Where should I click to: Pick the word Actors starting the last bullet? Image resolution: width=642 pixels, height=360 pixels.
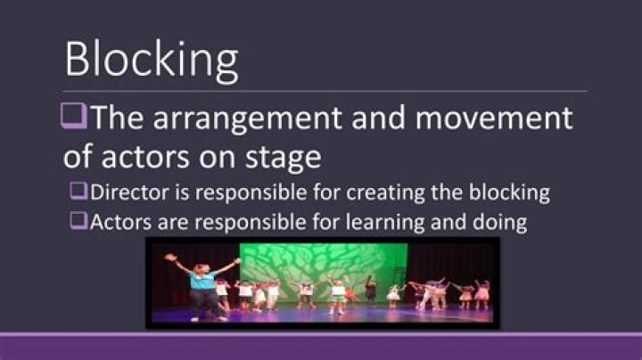pyautogui.click(x=116, y=221)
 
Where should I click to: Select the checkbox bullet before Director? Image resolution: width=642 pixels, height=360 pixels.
pyautogui.click(x=79, y=191)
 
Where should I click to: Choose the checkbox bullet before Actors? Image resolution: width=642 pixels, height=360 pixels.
pyautogui.click(x=79, y=220)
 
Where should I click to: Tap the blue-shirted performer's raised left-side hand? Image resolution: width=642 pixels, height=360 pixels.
pyautogui.click(x=169, y=258)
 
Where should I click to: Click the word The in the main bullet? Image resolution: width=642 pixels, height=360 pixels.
pyautogui.click(x=119, y=119)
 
